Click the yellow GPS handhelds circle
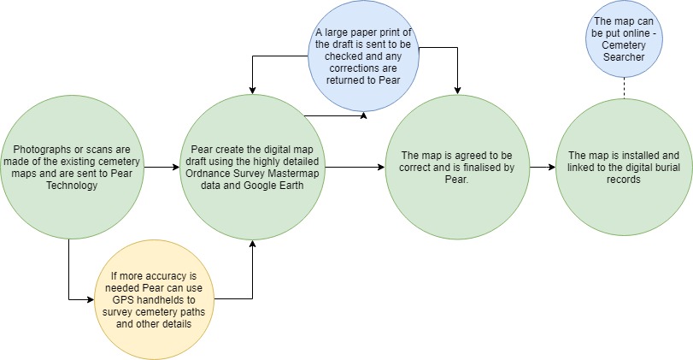pyautogui.click(x=153, y=300)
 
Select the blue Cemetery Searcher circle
pyautogui.click(x=624, y=39)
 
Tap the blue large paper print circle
pyautogui.click(x=363, y=56)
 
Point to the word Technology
pyautogui.click(x=72, y=185)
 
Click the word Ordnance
pyautogui.click(x=207, y=173)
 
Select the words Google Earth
pyautogui.click(x=273, y=185)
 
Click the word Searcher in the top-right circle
pyautogui.click(x=624, y=57)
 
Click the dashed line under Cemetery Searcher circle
pyautogui.click(x=624, y=88)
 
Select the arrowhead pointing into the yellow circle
pyautogui.click(x=91, y=299)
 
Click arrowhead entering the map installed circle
pyautogui.click(x=552, y=168)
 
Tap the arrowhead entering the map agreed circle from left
pyautogui.click(x=381, y=168)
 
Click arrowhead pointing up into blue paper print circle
pyautogui.click(x=363, y=115)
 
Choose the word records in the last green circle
pyautogui.click(x=624, y=179)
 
